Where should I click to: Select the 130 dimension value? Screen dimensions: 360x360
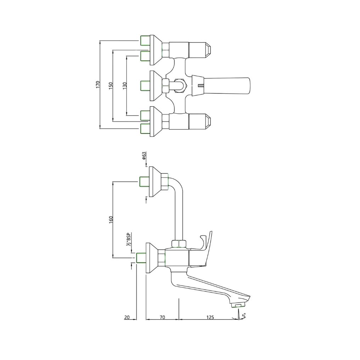pos(124,85)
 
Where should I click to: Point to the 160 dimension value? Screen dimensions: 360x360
pos(111,219)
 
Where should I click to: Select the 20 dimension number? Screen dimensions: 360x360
pos(127,317)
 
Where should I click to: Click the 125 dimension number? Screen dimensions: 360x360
pos(210,317)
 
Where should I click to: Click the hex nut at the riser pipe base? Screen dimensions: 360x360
pos(179,244)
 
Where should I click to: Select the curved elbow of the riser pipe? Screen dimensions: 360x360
pos(176,184)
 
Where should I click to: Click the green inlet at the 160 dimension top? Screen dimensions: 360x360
pos(144,181)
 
